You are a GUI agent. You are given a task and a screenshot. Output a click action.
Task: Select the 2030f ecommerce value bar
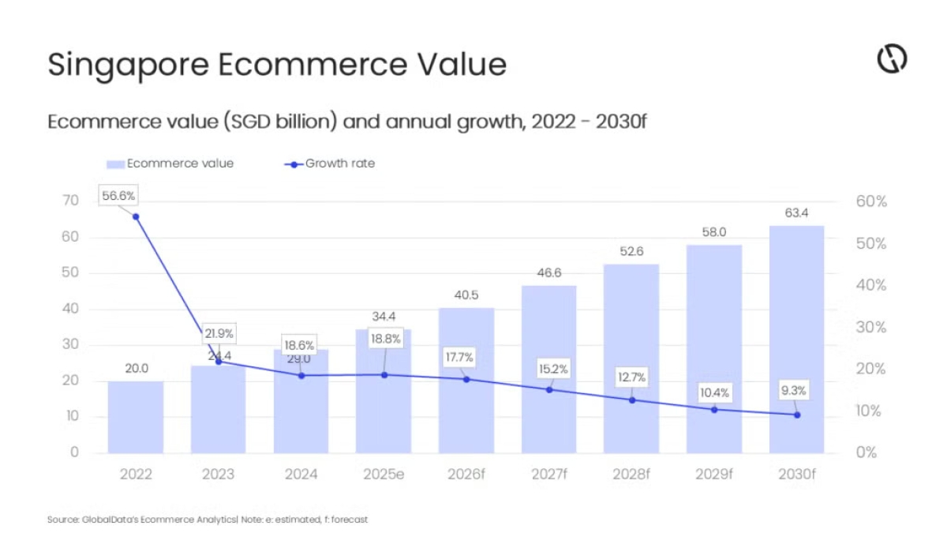tap(796, 340)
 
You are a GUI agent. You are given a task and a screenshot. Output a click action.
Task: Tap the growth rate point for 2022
tap(136, 216)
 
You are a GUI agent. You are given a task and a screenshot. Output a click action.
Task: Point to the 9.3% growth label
tap(796, 390)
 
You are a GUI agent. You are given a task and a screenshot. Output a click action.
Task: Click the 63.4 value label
tap(796, 212)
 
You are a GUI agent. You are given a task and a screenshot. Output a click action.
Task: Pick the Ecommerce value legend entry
tap(170, 163)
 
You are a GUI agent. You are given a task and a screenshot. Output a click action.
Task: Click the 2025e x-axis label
tap(384, 475)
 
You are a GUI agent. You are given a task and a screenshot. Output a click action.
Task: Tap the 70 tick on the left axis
tap(70, 201)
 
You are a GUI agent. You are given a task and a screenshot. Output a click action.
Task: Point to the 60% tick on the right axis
tap(871, 201)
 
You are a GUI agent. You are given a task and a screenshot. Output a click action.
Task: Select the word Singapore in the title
tap(126, 65)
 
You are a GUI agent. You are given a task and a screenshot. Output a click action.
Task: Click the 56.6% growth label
tap(118, 194)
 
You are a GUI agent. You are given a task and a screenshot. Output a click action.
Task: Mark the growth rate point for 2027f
tap(549, 389)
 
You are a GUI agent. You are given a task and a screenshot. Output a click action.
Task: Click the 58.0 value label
tap(714, 232)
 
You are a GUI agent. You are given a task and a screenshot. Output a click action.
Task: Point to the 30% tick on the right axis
tap(871, 327)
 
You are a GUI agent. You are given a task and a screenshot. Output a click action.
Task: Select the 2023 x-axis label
tap(219, 475)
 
